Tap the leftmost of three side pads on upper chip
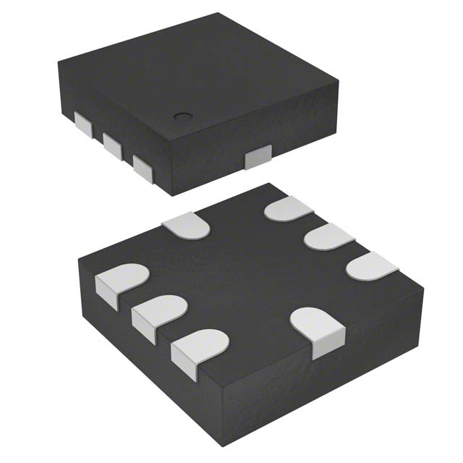point(85,126)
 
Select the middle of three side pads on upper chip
point(112,144)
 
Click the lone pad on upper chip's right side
point(258,157)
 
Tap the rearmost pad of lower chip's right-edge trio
point(288,210)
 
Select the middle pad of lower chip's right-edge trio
point(327,237)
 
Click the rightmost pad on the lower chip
point(372,267)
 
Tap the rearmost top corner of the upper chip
point(217,14)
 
